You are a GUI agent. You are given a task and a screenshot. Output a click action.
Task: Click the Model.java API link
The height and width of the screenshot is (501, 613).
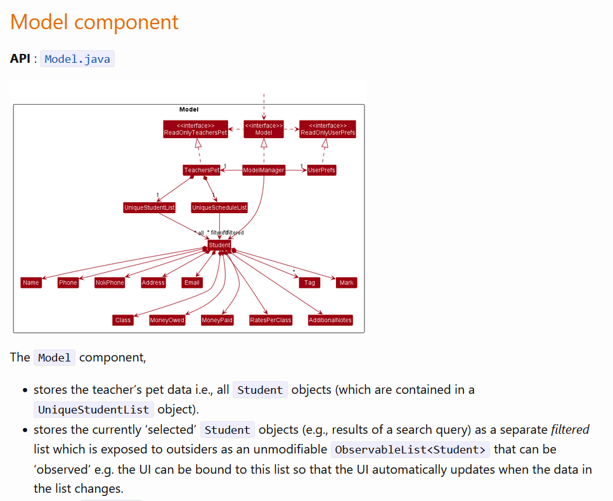tap(77, 59)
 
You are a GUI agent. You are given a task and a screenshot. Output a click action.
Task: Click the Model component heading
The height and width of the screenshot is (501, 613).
tap(94, 22)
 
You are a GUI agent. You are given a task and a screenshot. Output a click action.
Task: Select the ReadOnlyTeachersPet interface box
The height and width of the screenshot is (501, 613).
tap(195, 129)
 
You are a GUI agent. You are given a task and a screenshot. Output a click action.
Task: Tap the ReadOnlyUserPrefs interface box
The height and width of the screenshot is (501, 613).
tap(328, 129)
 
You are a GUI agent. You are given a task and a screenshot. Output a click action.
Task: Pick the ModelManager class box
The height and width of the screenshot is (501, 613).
tap(264, 170)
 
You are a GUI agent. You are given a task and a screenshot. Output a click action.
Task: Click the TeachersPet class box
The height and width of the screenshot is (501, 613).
tap(202, 170)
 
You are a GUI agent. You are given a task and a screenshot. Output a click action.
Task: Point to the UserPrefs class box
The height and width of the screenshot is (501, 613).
tap(321, 170)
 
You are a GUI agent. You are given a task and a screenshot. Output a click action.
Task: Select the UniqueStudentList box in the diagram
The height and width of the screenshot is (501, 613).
tap(150, 207)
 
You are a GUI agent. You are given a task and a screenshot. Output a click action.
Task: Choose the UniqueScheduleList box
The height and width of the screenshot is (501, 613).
tap(219, 207)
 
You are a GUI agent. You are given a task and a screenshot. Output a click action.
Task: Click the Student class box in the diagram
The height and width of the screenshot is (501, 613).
tap(219, 245)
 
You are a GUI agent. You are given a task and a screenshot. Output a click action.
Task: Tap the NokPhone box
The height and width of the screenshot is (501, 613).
tap(110, 282)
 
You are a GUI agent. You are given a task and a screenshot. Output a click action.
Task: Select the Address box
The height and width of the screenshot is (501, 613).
tap(153, 282)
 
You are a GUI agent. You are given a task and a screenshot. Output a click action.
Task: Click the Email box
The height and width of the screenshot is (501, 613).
tap(192, 282)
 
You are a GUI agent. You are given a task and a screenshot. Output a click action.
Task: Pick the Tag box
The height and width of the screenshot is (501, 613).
tap(309, 282)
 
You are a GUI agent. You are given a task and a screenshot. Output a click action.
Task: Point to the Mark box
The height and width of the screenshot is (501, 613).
tap(347, 282)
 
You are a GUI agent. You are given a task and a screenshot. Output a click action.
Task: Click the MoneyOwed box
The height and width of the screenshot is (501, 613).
tap(167, 320)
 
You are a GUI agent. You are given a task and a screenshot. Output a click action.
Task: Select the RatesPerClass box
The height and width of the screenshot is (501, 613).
tap(271, 320)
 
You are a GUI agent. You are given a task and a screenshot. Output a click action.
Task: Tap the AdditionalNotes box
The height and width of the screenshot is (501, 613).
tap(330, 320)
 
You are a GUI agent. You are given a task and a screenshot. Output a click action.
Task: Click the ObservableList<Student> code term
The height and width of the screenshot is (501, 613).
tap(411, 450)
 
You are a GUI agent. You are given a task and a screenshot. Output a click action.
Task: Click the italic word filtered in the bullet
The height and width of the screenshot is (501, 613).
tap(569, 429)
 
